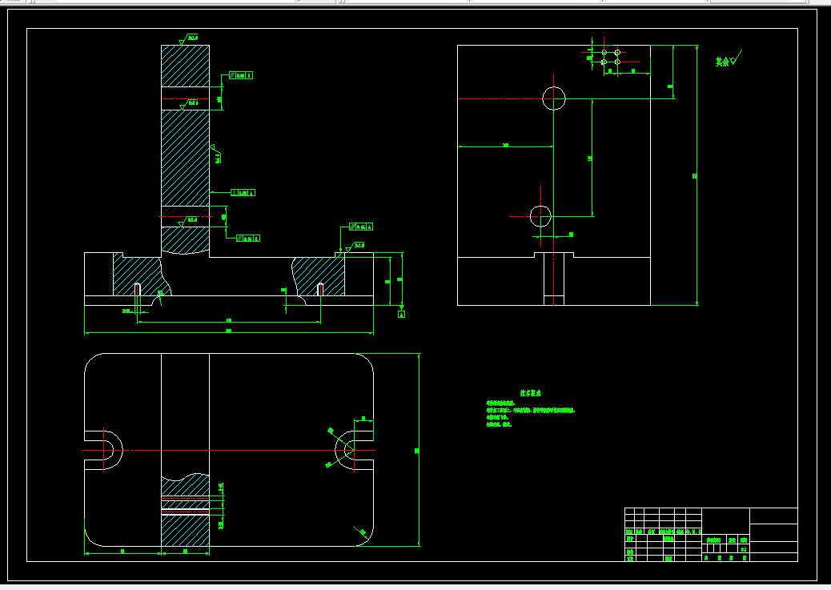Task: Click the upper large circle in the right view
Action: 554,98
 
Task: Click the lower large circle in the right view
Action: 540,215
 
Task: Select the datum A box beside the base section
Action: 402,315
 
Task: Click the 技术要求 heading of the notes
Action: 531,393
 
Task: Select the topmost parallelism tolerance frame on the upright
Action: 241,75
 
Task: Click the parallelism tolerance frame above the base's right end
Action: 361,227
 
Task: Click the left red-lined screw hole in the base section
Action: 138,289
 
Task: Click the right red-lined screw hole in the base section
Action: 320,289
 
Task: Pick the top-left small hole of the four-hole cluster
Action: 604,52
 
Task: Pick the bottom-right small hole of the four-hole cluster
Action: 617,62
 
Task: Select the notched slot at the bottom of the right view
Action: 554,255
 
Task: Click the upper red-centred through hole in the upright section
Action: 185,98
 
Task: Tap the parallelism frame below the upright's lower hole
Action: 247,238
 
